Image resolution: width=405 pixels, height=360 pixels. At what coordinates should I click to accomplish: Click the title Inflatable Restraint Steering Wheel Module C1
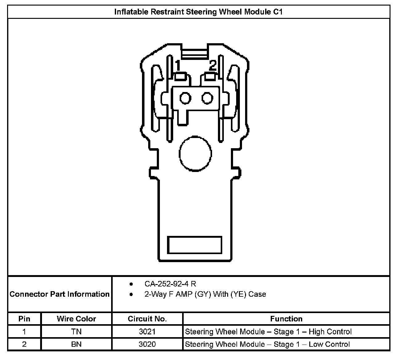pyautogui.click(x=198, y=12)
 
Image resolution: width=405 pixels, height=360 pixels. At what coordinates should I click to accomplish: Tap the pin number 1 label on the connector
pyautogui.click(x=178, y=66)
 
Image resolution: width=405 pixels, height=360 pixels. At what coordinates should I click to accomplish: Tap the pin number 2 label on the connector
pyautogui.click(x=212, y=66)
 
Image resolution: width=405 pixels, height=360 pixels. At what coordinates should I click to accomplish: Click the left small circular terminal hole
pyautogui.click(x=186, y=98)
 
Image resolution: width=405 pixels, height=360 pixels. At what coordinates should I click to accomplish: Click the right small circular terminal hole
pyautogui.click(x=207, y=98)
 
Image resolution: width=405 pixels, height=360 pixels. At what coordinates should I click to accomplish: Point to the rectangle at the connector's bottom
pyautogui.click(x=194, y=245)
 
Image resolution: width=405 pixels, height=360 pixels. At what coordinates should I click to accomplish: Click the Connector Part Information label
pyautogui.click(x=60, y=294)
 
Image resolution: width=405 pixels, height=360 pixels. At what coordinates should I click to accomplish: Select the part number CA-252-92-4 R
pyautogui.click(x=170, y=284)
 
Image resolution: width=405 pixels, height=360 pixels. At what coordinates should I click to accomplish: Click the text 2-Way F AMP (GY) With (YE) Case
pyautogui.click(x=205, y=294)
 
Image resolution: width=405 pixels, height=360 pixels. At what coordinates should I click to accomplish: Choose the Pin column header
pyautogui.click(x=24, y=319)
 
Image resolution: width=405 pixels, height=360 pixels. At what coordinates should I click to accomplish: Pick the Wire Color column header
pyautogui.click(x=76, y=319)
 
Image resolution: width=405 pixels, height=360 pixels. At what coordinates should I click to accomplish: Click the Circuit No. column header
pyautogui.click(x=147, y=319)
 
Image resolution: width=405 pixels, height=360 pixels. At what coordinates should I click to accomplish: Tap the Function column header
pyautogui.click(x=286, y=319)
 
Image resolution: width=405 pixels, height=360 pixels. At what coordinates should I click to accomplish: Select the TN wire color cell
pyautogui.click(x=76, y=332)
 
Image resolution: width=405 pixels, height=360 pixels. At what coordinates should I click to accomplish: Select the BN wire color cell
pyautogui.click(x=76, y=344)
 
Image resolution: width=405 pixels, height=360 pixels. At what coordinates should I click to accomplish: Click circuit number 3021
pyautogui.click(x=147, y=332)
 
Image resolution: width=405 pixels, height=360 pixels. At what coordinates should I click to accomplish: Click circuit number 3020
pyautogui.click(x=147, y=344)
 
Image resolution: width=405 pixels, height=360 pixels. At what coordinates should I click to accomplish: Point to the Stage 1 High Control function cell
pyautogui.click(x=268, y=332)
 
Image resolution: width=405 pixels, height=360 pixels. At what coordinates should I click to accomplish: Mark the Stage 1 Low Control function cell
pyautogui.click(x=267, y=344)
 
